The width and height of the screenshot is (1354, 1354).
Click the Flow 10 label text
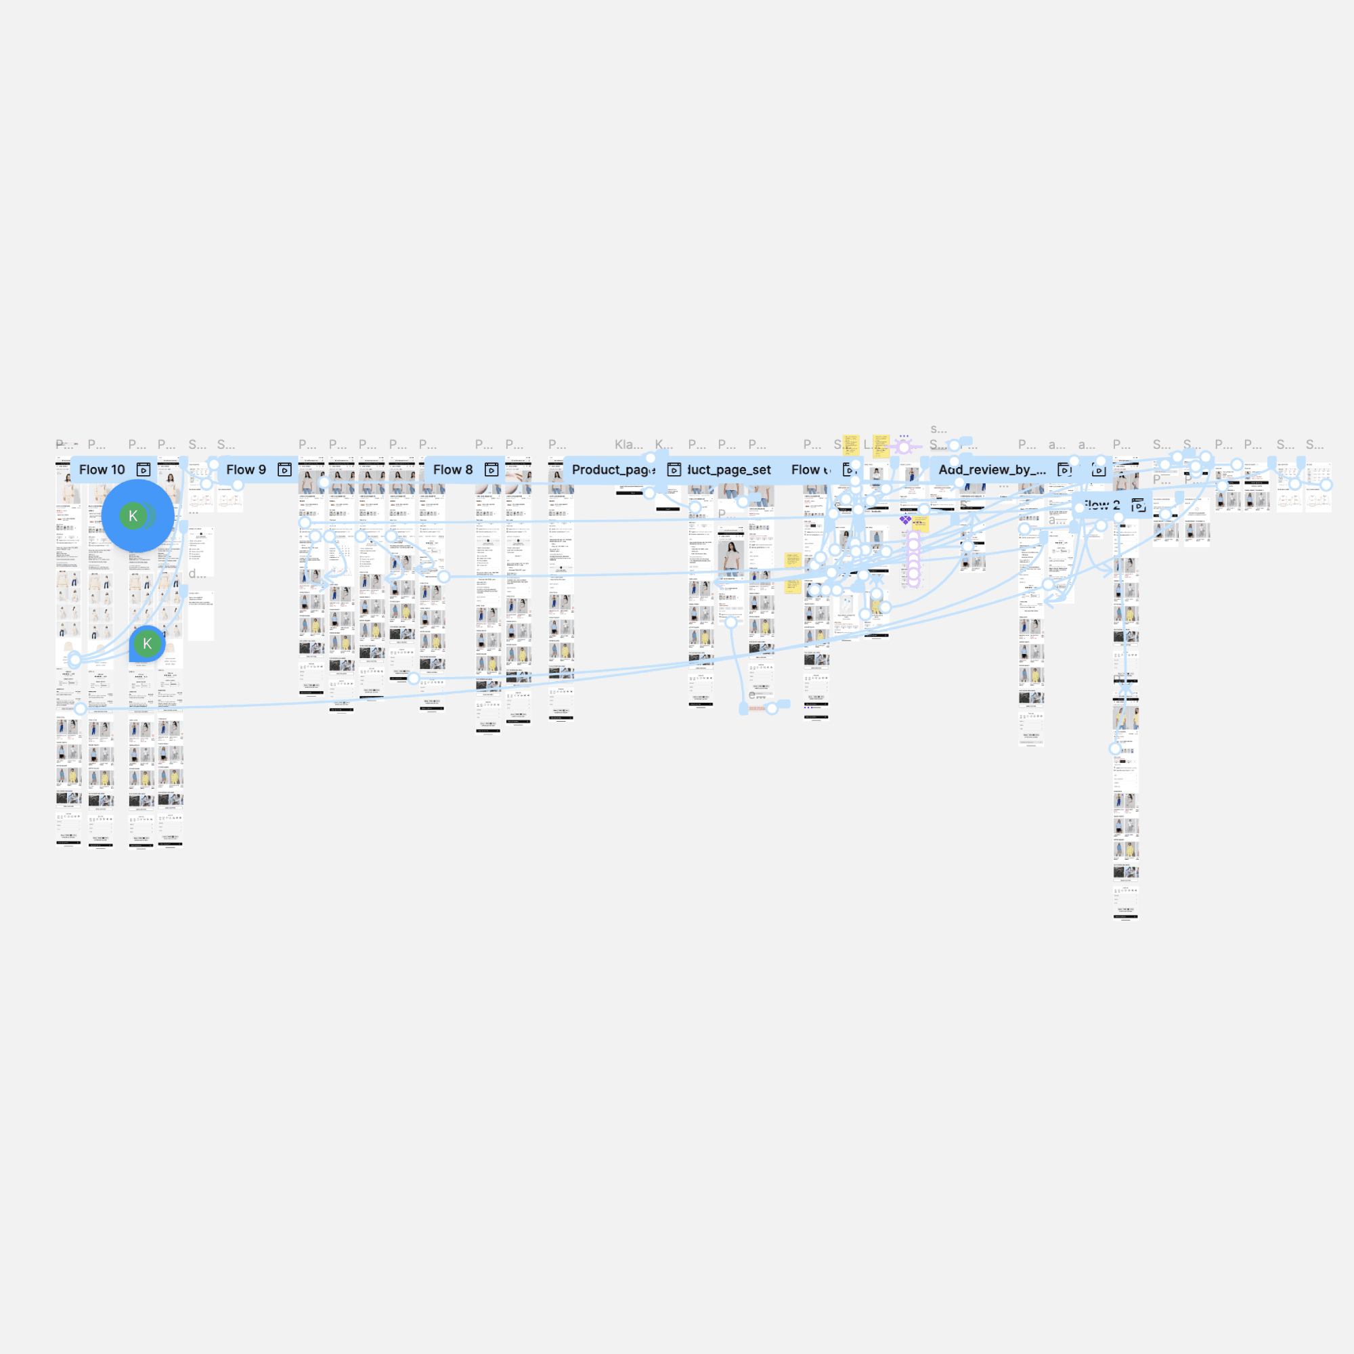pos(102,470)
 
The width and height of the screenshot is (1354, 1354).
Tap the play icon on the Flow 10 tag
pos(143,470)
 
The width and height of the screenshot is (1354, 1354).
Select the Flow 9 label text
pos(246,470)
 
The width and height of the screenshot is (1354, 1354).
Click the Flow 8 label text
pos(453,470)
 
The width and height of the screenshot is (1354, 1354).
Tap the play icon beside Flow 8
pos(492,470)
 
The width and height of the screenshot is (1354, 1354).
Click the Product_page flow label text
pos(613,470)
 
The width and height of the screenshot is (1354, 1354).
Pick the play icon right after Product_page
pos(674,470)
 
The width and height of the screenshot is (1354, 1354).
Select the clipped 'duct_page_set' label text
pos(730,470)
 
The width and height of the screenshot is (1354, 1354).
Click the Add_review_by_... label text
pos(992,470)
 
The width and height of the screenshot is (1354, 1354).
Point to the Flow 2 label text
pos(1101,505)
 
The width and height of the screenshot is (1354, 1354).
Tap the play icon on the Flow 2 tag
pos(1138,505)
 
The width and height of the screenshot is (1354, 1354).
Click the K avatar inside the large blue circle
pos(133,517)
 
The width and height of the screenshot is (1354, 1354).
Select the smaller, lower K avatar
pos(147,643)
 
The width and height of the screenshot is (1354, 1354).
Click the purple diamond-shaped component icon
pos(905,520)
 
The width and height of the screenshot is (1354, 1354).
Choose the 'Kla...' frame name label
pos(629,444)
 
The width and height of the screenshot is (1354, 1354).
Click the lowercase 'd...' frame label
pos(197,574)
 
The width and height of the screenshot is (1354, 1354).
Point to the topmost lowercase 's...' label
pos(938,429)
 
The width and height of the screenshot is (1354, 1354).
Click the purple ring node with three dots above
pos(904,446)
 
